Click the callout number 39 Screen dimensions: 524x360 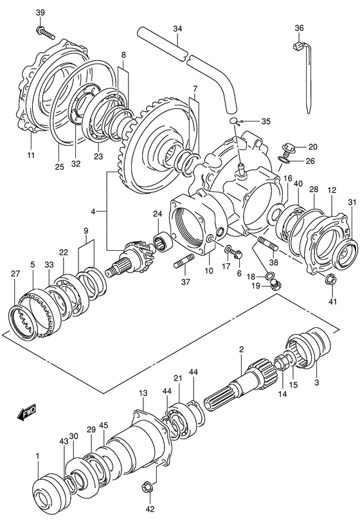click(x=40, y=14)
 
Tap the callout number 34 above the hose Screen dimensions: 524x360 click(x=178, y=29)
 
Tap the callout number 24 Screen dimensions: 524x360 click(x=157, y=214)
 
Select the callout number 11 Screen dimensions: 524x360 click(x=30, y=155)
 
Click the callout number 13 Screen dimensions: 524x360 click(x=143, y=393)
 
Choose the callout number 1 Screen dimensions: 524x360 click(x=37, y=456)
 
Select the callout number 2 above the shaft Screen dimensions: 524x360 click(x=241, y=350)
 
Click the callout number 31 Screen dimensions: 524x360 click(x=351, y=203)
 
